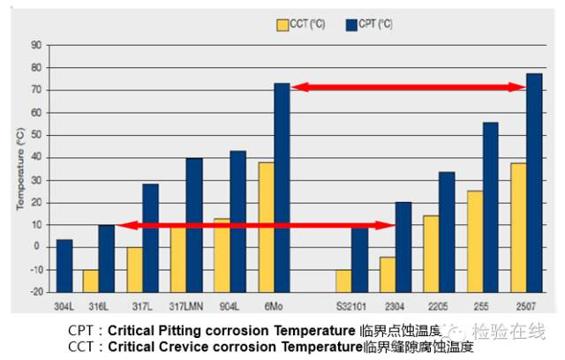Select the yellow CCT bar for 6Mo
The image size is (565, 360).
coord(266,227)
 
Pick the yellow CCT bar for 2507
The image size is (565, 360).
coord(518,227)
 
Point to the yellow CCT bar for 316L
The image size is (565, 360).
coord(90,281)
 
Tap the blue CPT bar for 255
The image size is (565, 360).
coord(490,206)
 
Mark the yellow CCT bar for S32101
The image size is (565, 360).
coord(343,281)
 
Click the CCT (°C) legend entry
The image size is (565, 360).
coord(300,24)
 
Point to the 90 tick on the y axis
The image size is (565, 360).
coord(36,45)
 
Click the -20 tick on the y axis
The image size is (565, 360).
coord(34,292)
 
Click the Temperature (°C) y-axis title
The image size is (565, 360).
coord(19,168)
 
